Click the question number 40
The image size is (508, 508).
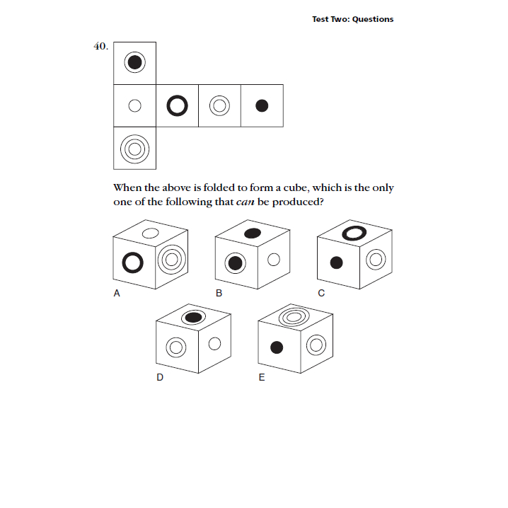coord(100,46)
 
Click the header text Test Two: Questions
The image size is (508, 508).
coord(352,19)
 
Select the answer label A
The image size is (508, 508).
coord(117,296)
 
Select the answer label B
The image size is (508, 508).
coord(219,296)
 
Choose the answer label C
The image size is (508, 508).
coord(321,296)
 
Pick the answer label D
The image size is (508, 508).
coord(160,377)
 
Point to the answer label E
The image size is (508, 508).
coord(262,377)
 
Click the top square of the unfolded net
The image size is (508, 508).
coord(134,63)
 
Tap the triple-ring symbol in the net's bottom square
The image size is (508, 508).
coord(134,149)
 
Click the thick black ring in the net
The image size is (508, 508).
coord(177,106)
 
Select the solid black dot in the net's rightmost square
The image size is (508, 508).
coord(262,106)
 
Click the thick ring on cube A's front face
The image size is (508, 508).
coord(132,263)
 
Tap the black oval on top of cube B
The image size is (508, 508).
coord(252,233)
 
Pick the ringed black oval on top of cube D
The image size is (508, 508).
coord(192,318)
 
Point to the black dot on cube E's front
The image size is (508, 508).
coord(277,347)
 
